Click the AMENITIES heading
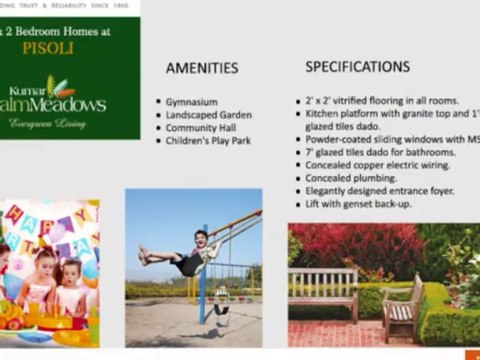(x=201, y=68)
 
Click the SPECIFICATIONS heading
(x=357, y=66)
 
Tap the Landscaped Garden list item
(x=209, y=115)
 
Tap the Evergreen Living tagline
(x=48, y=123)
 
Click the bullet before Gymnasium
(x=157, y=102)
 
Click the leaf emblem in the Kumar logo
(x=62, y=84)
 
